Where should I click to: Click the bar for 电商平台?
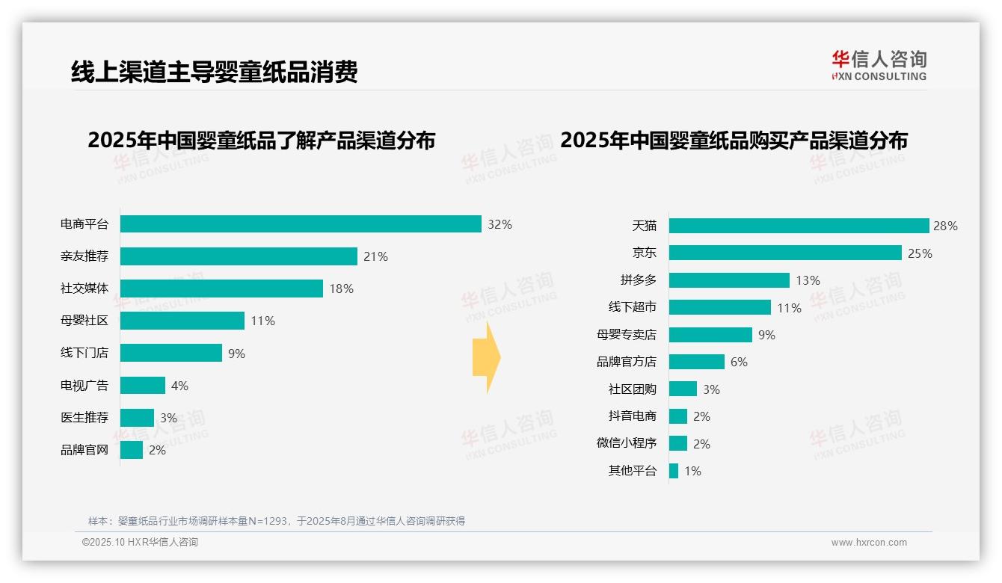pos(301,224)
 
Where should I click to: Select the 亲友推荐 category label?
pos(84,256)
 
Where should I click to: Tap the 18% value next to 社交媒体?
pos(341,289)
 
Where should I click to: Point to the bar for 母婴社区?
pos(182,321)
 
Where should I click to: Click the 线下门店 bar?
pos(170,353)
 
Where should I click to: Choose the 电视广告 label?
pos(84,386)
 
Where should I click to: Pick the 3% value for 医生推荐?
pos(168,418)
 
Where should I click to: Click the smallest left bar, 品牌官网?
pos(131,450)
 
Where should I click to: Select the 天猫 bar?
pos(799,226)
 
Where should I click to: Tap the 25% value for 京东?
pos(920,253)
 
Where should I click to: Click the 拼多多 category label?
pos(638,280)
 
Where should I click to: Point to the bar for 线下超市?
pos(719,307)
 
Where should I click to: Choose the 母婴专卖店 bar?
pos(710,335)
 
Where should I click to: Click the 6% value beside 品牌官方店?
pos(739,362)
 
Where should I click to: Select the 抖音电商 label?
pos(632,416)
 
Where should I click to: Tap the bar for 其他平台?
pos(674,471)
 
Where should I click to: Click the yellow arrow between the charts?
pos(487,357)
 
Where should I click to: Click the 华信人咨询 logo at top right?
pos(879,65)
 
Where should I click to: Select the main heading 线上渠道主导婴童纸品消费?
pos(215,71)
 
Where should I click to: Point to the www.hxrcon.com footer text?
pos(869,543)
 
